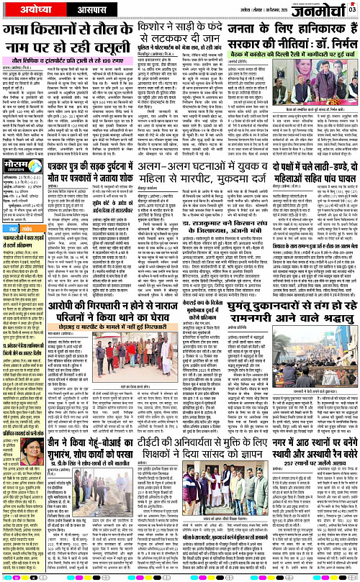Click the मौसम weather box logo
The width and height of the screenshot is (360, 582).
tap(21, 170)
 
